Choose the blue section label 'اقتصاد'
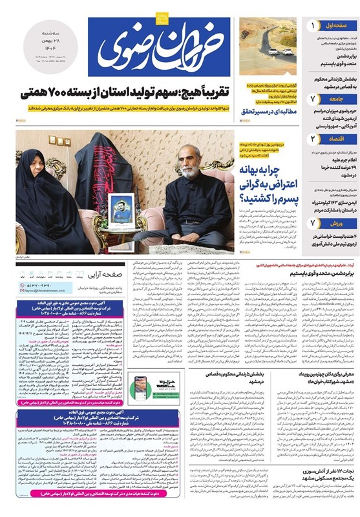click(333, 138)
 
